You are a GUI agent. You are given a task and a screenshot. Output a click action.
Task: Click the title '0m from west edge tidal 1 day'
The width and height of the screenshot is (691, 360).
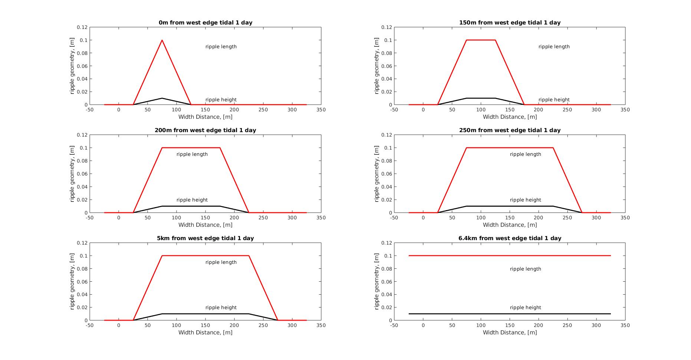(205, 23)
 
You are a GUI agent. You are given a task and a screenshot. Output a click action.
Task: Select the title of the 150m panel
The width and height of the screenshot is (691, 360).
(510, 23)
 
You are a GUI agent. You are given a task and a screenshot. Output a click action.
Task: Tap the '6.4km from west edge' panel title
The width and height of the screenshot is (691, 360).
(510, 238)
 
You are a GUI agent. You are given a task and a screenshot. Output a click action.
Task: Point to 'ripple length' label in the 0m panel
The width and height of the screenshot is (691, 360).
(221, 47)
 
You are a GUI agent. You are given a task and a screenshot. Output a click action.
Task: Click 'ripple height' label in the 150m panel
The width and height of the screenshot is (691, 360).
(554, 100)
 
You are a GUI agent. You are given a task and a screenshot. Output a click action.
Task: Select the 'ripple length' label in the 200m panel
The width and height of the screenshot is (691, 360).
(192, 154)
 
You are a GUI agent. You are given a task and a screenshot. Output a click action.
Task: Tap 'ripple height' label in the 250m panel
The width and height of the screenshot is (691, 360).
(525, 200)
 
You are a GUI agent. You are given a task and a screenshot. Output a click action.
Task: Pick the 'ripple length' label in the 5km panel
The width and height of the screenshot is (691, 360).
(221, 262)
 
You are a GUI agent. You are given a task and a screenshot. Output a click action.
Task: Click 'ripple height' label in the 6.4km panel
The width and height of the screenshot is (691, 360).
(525, 308)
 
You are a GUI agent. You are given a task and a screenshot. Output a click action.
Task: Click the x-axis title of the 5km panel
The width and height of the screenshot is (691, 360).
(205, 333)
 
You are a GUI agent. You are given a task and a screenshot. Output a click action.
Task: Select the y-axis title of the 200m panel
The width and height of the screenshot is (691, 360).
(72, 174)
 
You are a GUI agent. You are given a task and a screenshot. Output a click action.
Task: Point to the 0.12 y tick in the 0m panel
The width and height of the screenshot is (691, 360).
(82, 27)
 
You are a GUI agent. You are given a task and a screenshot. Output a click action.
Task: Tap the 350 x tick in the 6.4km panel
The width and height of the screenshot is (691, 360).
(625, 325)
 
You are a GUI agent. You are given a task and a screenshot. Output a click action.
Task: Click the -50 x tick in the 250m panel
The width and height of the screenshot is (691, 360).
(394, 218)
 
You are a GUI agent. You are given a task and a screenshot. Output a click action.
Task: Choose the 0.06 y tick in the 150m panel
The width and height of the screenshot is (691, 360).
(386, 66)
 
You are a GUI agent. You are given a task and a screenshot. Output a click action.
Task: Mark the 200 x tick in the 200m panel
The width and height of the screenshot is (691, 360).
(234, 218)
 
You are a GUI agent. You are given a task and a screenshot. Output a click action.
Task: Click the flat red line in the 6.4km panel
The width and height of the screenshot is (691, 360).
(510, 256)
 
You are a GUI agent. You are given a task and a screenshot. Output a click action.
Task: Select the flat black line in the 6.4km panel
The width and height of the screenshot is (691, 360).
(510, 314)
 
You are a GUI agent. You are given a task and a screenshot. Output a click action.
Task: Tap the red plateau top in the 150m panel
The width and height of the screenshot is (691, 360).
(481, 40)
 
